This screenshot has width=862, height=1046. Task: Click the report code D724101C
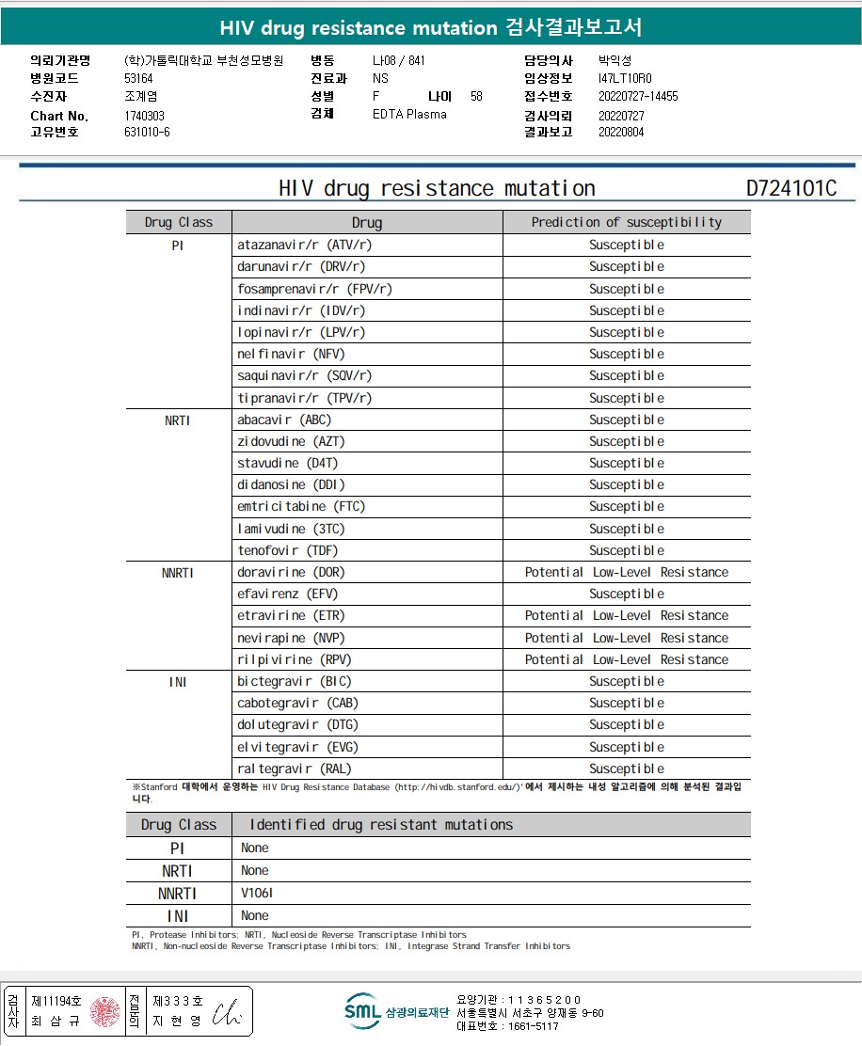click(x=790, y=188)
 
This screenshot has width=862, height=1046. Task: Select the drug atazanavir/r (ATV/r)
click(x=304, y=245)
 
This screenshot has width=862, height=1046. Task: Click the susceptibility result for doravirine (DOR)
click(x=627, y=572)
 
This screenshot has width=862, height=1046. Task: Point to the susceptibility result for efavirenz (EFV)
click(x=627, y=594)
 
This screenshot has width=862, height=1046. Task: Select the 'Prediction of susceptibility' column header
click(x=627, y=222)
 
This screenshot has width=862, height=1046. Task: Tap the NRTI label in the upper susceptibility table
click(x=178, y=420)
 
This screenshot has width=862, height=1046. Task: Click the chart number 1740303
click(x=144, y=116)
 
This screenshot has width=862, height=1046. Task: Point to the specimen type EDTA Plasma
click(x=409, y=114)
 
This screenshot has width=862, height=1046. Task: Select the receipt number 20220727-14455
click(x=638, y=96)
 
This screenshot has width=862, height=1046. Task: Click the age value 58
click(x=476, y=96)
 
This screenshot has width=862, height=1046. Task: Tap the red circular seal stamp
click(x=104, y=1011)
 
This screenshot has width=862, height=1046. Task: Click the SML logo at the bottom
click(x=362, y=1011)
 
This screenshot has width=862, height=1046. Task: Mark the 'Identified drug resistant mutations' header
click(x=381, y=825)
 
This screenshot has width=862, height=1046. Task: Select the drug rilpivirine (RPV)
click(x=294, y=659)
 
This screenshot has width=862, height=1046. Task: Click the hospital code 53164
click(x=139, y=78)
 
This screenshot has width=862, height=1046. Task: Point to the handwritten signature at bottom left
click(x=226, y=1014)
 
